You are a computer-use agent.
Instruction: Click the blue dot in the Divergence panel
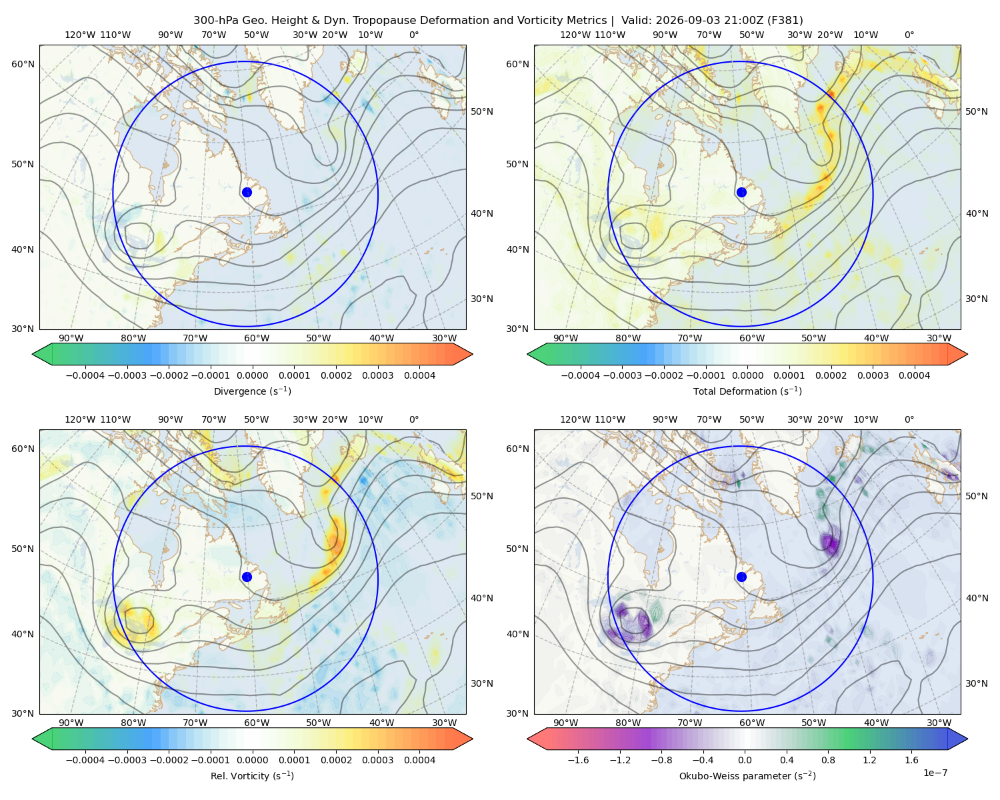coord(247,192)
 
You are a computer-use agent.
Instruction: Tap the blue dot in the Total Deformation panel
coord(741,192)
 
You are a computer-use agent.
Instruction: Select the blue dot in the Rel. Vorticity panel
coord(247,577)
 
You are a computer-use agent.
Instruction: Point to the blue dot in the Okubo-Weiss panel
coord(741,577)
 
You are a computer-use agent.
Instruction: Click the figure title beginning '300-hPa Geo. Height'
coord(498,21)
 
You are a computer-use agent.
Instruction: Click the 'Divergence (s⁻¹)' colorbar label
coord(252,391)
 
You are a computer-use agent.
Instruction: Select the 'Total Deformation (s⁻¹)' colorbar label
coord(747,391)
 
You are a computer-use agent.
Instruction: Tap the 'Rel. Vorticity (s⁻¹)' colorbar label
coord(252,775)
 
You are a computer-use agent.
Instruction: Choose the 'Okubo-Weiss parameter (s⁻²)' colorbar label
coord(747,775)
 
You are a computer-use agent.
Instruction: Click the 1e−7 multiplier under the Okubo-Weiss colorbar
coord(935,773)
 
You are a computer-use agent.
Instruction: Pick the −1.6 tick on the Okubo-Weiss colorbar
coord(578,759)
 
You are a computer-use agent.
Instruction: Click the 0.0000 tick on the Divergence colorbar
coord(252,375)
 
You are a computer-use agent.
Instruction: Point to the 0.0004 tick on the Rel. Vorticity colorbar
coord(419,759)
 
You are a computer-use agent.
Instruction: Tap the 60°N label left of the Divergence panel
coord(23,64)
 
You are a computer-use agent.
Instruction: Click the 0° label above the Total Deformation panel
coord(909,35)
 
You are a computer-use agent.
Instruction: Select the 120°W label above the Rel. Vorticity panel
coord(80,419)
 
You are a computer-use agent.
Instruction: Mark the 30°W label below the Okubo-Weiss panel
coord(939,723)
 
